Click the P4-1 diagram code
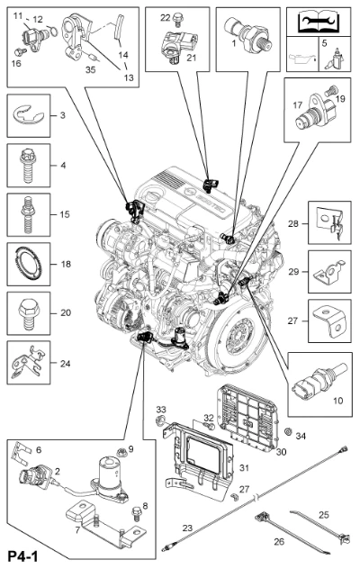(x=22, y=556)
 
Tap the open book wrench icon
(x=319, y=22)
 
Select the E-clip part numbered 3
(x=28, y=115)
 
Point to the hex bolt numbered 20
(x=28, y=313)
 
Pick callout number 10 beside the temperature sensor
(x=337, y=401)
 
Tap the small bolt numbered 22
(x=178, y=19)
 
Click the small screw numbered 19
(x=330, y=90)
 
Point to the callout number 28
(x=293, y=223)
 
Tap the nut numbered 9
(x=121, y=452)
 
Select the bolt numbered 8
(x=137, y=512)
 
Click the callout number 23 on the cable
(x=187, y=528)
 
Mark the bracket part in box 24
(x=28, y=363)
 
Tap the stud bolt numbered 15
(x=28, y=215)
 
